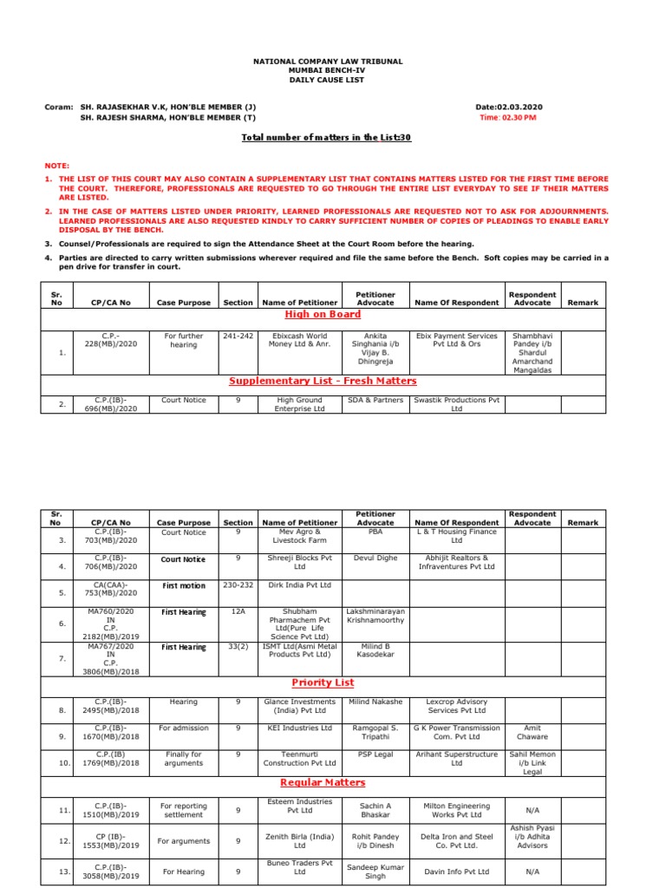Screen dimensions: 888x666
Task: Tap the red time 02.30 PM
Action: pos(508,117)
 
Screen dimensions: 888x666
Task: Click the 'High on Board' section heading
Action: pos(323,314)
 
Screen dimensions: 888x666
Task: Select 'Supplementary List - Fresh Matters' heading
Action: pos(323,381)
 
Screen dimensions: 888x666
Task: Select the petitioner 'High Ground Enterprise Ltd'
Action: pos(300,404)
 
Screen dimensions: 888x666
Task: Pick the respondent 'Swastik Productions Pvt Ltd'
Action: pos(457,404)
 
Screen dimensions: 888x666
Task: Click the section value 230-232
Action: pos(238,585)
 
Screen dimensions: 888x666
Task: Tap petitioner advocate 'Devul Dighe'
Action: pos(375,558)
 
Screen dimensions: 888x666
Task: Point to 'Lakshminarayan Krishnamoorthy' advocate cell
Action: pos(375,617)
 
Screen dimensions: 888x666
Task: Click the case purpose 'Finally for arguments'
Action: pos(184,759)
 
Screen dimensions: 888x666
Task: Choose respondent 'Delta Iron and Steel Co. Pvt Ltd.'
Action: pos(457,841)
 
